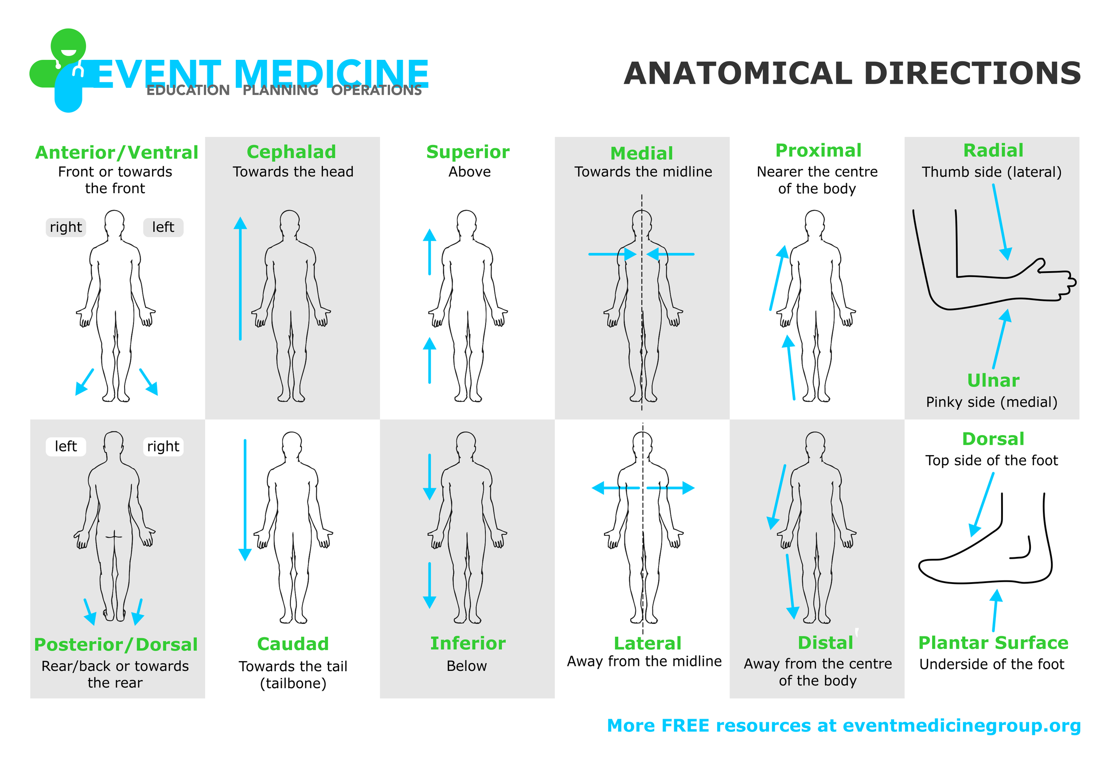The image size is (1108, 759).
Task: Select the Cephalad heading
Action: tap(291, 152)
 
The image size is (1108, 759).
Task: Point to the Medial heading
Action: tap(642, 153)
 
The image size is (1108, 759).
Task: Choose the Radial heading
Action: tap(993, 151)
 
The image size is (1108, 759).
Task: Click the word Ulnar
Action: tap(993, 381)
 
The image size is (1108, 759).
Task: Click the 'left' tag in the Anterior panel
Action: tap(163, 227)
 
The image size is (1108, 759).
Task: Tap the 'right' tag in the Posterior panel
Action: tap(163, 446)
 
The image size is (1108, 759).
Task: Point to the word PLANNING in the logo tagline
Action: tap(281, 90)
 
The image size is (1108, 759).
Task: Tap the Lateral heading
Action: tap(648, 643)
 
